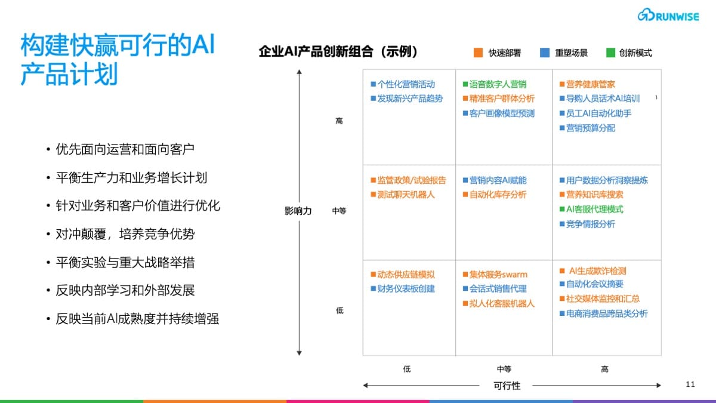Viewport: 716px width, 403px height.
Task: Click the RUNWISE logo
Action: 668,15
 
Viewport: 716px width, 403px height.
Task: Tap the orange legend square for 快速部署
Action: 478,53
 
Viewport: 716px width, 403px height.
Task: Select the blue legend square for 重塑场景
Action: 545,53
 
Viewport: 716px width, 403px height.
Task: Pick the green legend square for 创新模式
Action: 611,53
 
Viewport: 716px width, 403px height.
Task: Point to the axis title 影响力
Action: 298,211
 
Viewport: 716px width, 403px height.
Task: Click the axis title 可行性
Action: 507,386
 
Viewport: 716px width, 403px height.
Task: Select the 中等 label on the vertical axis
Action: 339,211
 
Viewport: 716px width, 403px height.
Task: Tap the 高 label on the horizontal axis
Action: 605,369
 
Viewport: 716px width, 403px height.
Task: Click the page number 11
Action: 690,384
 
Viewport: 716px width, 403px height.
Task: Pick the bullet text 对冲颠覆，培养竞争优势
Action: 125,234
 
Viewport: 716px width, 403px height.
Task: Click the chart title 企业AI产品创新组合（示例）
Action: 338,51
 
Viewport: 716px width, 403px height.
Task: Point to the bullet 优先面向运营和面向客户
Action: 125,149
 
